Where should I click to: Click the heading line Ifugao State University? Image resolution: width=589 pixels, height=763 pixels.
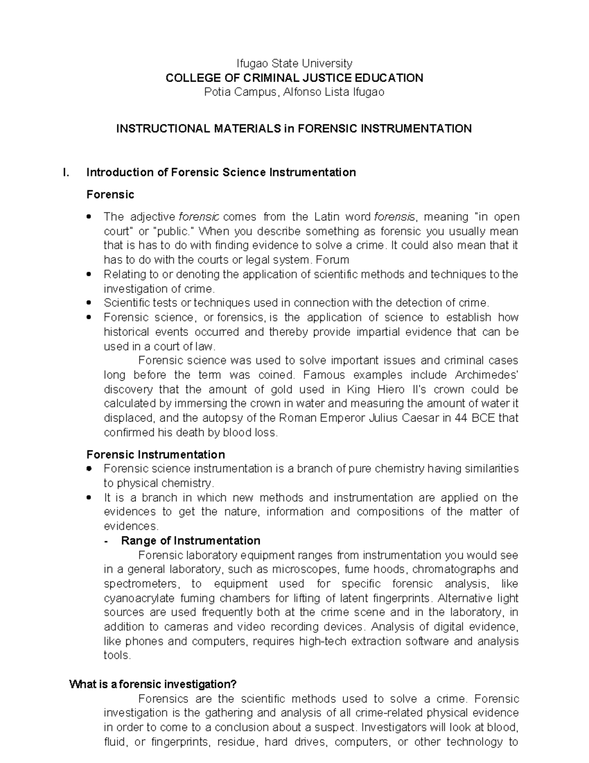[294, 63]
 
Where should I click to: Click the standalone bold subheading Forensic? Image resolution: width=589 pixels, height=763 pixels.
[110, 195]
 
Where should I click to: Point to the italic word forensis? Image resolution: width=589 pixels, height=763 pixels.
[395, 217]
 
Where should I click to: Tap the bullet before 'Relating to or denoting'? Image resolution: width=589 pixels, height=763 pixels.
[88, 274]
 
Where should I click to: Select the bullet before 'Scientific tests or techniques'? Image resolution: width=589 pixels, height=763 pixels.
[88, 303]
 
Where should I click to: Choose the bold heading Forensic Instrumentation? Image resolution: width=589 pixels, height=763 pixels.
[156, 454]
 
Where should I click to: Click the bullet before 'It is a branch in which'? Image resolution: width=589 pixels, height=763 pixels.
[88, 498]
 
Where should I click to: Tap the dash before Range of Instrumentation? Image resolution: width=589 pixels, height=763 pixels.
[107, 541]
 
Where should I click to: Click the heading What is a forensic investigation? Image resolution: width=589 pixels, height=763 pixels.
[153, 684]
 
